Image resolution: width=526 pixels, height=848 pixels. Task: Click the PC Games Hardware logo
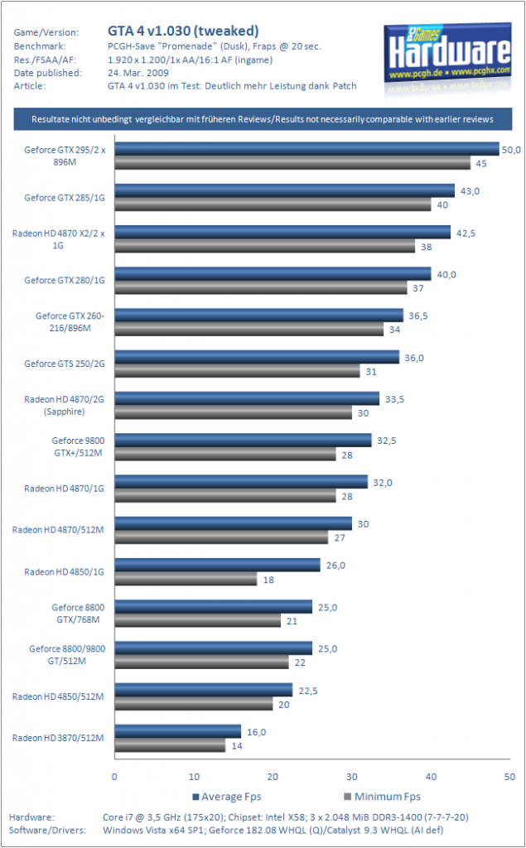(x=447, y=59)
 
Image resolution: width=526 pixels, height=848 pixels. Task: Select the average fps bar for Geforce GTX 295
(x=306, y=149)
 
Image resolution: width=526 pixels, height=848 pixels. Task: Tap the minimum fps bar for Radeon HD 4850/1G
(x=186, y=579)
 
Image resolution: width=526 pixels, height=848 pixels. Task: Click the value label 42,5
(x=466, y=233)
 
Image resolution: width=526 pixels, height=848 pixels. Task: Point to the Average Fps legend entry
(x=227, y=797)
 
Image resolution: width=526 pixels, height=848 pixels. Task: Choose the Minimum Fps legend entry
(x=382, y=797)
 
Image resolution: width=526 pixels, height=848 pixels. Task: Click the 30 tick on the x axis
(x=352, y=777)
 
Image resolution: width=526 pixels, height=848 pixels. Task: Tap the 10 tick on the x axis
(x=194, y=777)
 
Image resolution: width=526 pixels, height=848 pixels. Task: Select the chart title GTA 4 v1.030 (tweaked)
(x=183, y=31)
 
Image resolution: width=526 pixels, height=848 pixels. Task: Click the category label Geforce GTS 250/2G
(x=65, y=364)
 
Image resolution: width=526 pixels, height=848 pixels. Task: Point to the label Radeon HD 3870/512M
(x=58, y=738)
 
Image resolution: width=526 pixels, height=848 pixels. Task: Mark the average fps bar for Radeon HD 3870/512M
(x=178, y=731)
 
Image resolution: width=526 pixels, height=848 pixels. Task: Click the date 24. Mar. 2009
(x=138, y=73)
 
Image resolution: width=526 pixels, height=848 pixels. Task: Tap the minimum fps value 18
(x=268, y=580)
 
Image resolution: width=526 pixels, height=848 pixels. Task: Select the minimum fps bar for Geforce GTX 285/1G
(x=273, y=205)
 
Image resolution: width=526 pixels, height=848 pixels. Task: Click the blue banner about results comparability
(x=263, y=119)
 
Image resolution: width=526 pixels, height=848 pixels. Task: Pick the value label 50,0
(x=511, y=150)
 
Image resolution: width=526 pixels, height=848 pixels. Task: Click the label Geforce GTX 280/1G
(x=65, y=280)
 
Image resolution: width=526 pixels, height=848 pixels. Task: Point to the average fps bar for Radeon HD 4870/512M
(x=234, y=523)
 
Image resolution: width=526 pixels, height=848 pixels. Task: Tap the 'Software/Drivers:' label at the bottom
(x=47, y=830)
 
